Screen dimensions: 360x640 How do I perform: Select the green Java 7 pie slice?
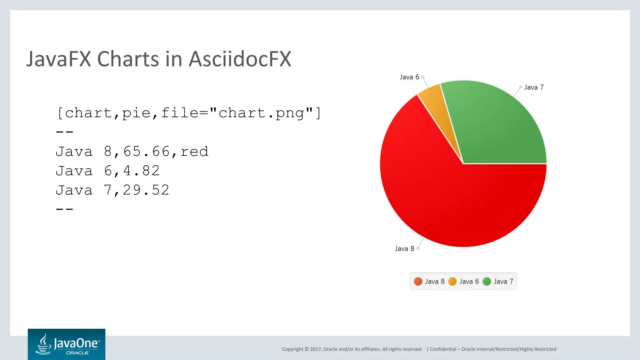pyautogui.click(x=497, y=125)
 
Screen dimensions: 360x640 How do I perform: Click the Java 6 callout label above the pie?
pyautogui.click(x=409, y=77)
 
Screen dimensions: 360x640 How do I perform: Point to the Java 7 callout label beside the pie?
pyautogui.click(x=534, y=87)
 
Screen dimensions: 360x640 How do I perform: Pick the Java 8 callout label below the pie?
pyautogui.click(x=404, y=249)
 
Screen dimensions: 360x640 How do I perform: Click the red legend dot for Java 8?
pyautogui.click(x=418, y=282)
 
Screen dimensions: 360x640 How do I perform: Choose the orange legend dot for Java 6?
pyautogui.click(x=452, y=282)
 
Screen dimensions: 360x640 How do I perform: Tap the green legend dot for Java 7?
pyautogui.click(x=487, y=282)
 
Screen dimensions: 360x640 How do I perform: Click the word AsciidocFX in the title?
pyautogui.click(x=240, y=59)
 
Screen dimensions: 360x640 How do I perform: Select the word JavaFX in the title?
pyautogui.click(x=59, y=59)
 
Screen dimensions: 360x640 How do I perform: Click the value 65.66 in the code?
pyautogui.click(x=146, y=152)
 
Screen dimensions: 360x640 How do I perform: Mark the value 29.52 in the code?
pyautogui.click(x=146, y=190)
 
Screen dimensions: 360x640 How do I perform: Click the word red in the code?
pyautogui.click(x=194, y=152)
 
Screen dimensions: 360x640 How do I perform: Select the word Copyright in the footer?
pyautogui.click(x=292, y=349)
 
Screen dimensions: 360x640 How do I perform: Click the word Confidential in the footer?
pyautogui.click(x=443, y=349)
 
